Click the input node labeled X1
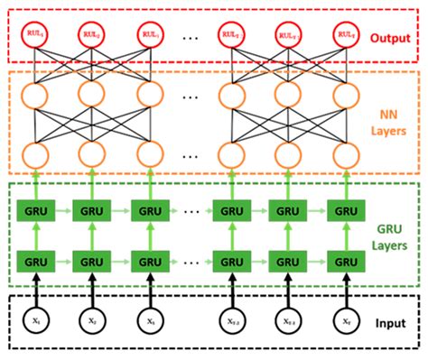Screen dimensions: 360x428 point(33,322)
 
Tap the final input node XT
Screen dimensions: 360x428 point(345,322)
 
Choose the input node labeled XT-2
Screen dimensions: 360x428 point(229,322)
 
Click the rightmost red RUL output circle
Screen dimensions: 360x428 point(345,35)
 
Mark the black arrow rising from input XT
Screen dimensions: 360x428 point(345,294)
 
